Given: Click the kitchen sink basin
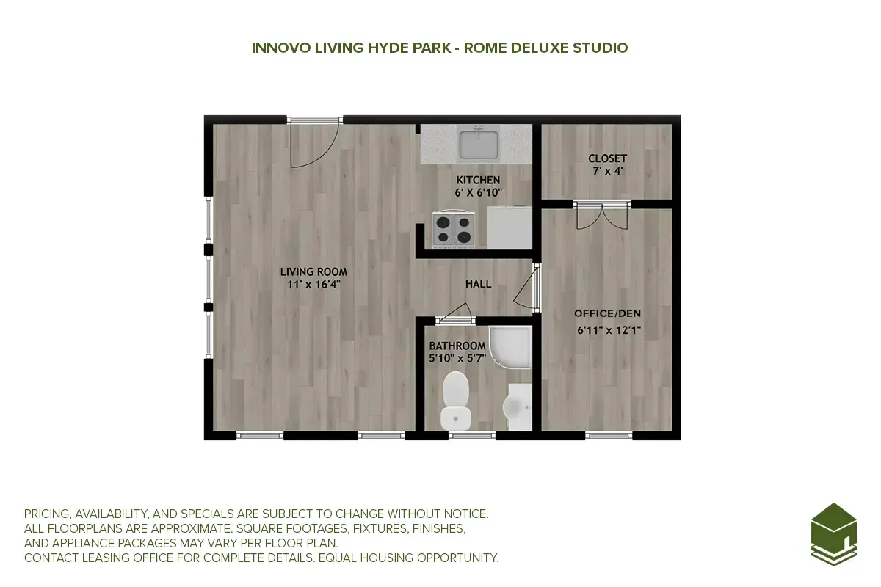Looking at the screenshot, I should pyautogui.click(x=479, y=144).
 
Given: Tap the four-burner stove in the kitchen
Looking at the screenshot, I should pyautogui.click(x=453, y=228).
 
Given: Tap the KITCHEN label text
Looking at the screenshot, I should pyautogui.click(x=478, y=180).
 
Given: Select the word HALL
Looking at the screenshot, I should pyautogui.click(x=478, y=284).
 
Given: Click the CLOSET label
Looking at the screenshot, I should pyautogui.click(x=607, y=158).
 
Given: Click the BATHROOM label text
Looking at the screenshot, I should pyautogui.click(x=457, y=346).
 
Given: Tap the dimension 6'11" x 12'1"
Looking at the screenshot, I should pyautogui.click(x=609, y=329).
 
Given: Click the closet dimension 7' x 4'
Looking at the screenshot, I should pyautogui.click(x=607, y=171).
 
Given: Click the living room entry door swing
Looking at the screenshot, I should pyautogui.click(x=312, y=144).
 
